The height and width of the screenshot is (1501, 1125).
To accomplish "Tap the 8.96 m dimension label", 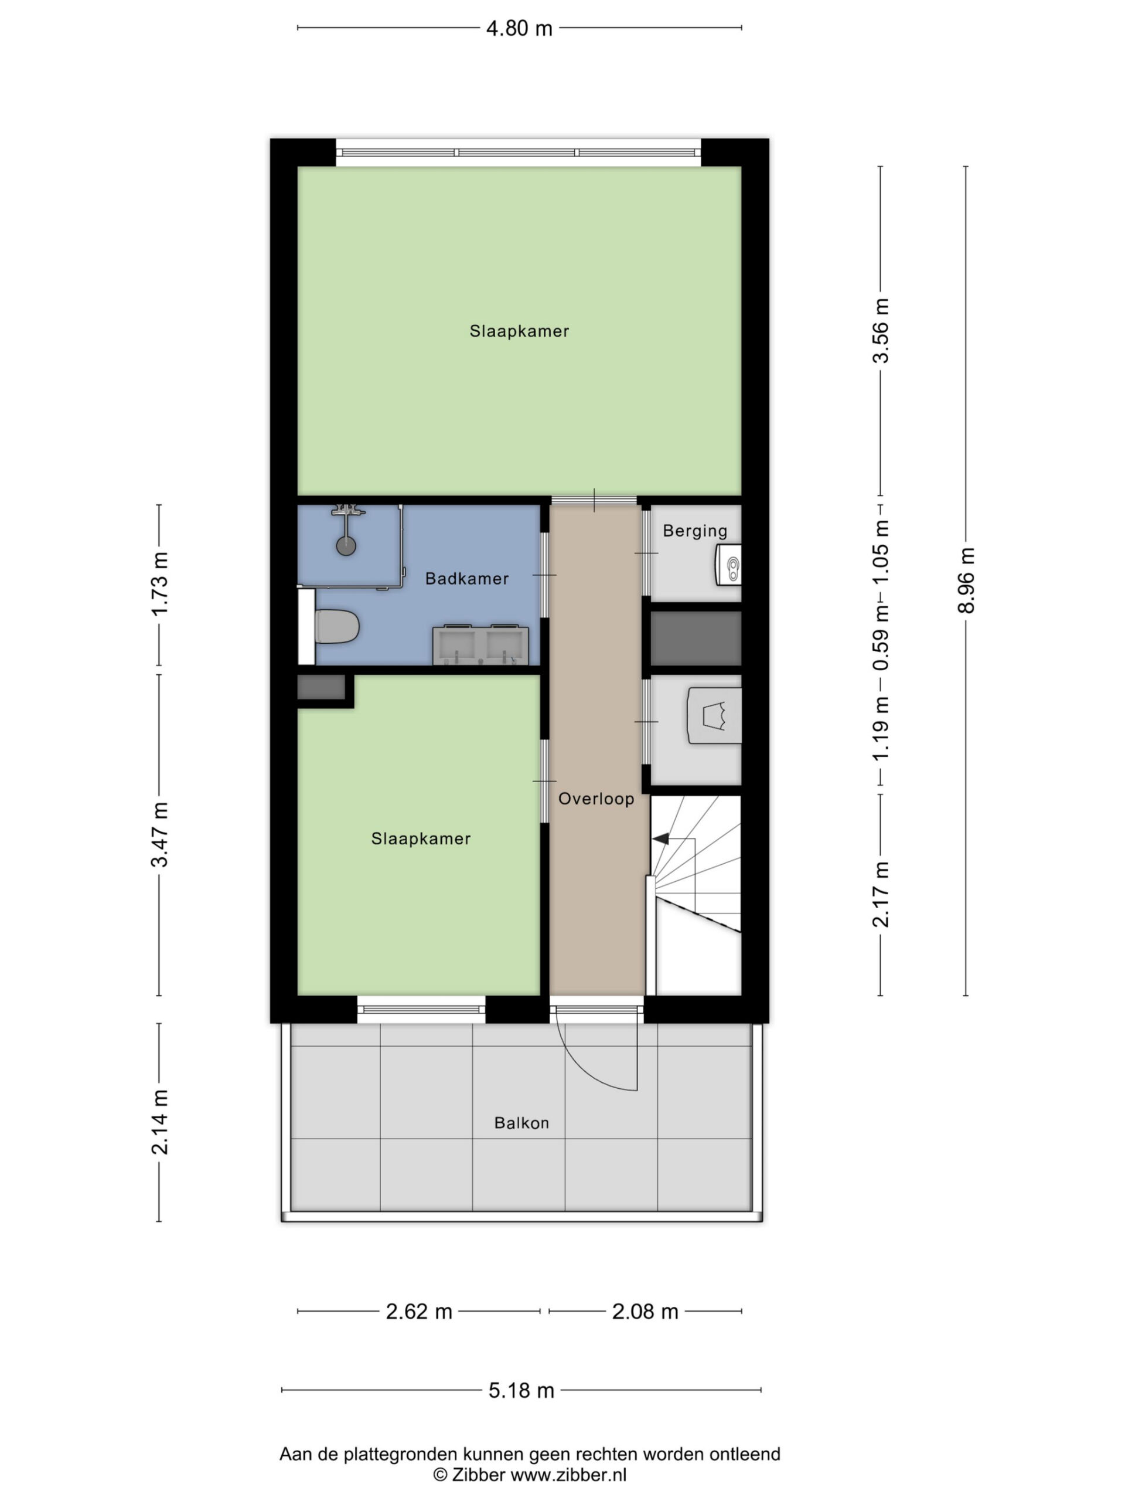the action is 966,580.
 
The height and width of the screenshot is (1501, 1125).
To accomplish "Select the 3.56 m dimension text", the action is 880,331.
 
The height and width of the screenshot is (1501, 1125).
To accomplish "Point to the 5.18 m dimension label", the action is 521,1390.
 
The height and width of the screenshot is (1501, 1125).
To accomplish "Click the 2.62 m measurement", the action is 419,1311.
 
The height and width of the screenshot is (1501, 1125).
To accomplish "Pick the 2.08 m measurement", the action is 645,1311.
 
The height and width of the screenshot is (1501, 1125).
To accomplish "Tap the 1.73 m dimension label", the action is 159,583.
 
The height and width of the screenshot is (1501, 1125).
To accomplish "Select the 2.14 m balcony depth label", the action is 159,1122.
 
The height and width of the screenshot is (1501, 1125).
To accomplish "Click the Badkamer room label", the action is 466,579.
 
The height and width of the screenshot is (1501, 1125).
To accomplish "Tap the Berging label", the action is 695,531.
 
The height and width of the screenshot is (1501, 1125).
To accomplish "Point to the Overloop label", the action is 596,799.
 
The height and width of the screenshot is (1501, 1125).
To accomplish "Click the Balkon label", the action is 521,1123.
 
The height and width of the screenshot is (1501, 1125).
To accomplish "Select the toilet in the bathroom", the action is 336,626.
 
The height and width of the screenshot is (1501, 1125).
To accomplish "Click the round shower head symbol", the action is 346,545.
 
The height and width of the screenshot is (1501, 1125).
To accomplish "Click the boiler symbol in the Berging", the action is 728,565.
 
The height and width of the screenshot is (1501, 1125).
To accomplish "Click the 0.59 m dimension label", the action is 880,637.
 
